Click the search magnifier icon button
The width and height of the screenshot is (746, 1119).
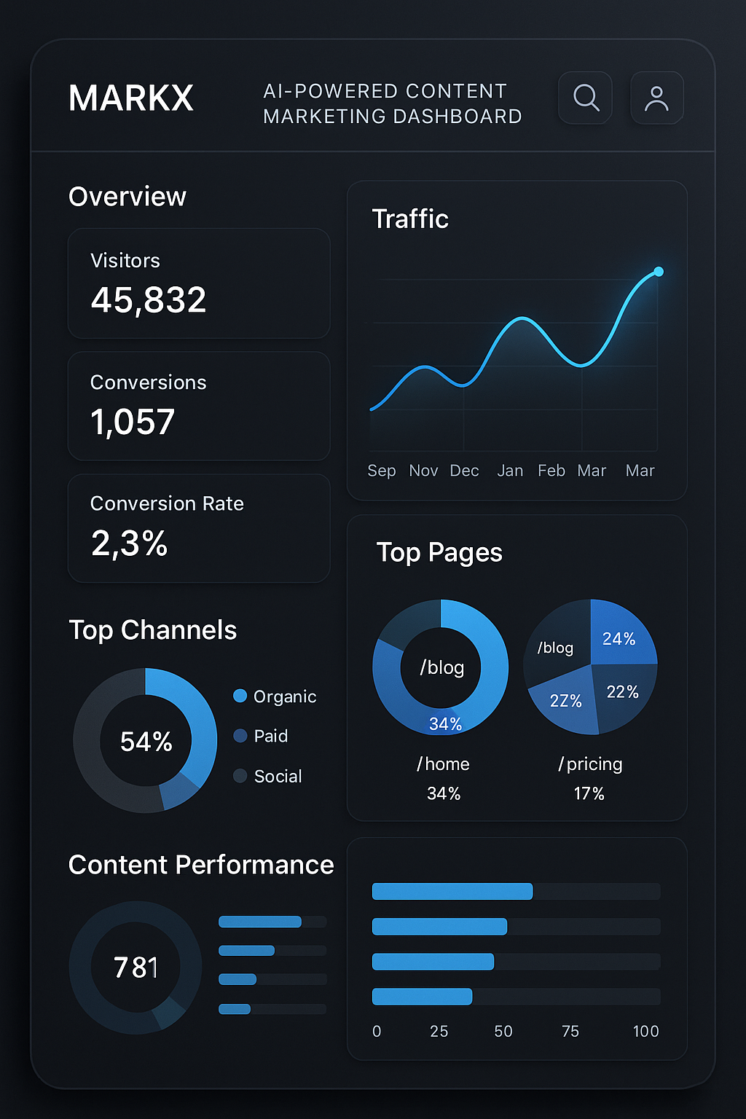[x=585, y=98]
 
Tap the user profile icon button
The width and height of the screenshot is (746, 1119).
[x=656, y=98]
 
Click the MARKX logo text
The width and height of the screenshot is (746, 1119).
[x=131, y=98]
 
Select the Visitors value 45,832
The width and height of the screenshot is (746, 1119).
[x=149, y=300]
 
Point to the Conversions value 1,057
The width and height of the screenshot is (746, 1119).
[x=133, y=422]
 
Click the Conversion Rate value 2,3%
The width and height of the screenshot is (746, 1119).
[x=130, y=543]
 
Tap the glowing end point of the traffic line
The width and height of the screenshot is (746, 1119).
[x=659, y=272]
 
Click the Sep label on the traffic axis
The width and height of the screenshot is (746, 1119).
[x=382, y=471]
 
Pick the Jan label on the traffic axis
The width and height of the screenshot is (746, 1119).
[x=510, y=471]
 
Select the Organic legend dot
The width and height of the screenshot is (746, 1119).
[x=240, y=696]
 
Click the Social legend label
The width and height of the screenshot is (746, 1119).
[x=278, y=777]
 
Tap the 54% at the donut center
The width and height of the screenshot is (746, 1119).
[x=146, y=742]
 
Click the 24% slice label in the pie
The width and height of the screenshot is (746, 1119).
[x=619, y=639]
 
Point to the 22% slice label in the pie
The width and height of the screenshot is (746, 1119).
[x=622, y=692]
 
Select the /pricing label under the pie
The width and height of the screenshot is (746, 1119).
[x=590, y=764]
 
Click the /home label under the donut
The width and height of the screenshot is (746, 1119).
[x=443, y=764]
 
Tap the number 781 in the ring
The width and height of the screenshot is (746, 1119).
[x=136, y=967]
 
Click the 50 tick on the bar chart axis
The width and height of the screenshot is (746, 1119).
[x=503, y=1032]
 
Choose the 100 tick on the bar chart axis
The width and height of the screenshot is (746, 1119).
[x=645, y=1032]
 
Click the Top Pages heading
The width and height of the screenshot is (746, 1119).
[x=439, y=553]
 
